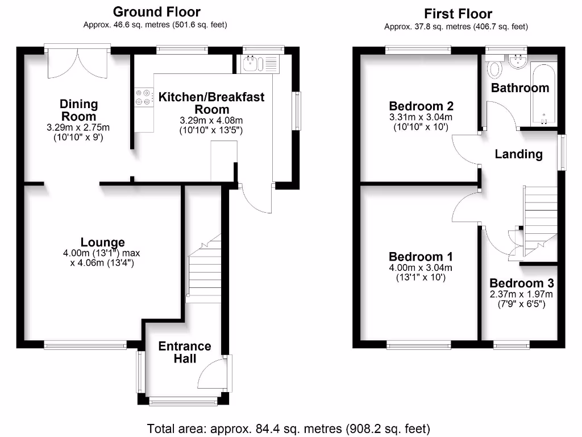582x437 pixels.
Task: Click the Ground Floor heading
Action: point(156,12)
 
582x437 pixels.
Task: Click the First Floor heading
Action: point(458,14)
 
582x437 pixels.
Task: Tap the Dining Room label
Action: point(79,110)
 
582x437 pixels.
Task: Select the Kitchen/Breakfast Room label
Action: point(211,103)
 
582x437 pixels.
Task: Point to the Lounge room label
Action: point(102,243)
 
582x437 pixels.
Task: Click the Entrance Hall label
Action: point(185,352)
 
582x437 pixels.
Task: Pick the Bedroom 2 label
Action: point(421,106)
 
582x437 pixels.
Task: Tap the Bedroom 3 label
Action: point(522,283)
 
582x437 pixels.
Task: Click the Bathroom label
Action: point(520,88)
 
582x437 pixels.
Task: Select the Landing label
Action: point(518,154)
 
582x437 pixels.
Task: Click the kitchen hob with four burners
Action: point(144,98)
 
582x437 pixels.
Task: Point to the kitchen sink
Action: point(250,64)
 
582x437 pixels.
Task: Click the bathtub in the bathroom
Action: point(544,90)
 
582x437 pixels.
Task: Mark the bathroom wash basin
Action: point(517,61)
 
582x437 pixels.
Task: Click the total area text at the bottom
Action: point(289,428)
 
